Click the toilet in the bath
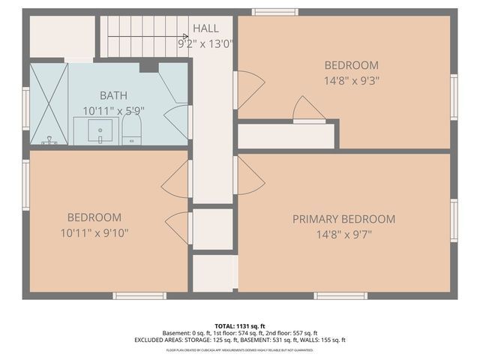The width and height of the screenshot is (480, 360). pyautogui.click(x=131, y=131)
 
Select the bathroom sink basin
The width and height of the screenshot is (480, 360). pyautogui.click(x=100, y=131)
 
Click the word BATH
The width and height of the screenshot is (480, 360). pyautogui.click(x=113, y=95)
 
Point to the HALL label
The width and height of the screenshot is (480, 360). pyautogui.click(x=205, y=28)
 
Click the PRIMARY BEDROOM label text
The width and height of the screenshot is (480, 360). pyautogui.click(x=343, y=219)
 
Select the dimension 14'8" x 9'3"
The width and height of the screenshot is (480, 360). pyautogui.click(x=351, y=80)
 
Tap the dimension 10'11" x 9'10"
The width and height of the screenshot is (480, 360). pyautogui.click(x=94, y=233)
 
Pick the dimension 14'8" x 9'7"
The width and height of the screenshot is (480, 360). pyautogui.click(x=343, y=234)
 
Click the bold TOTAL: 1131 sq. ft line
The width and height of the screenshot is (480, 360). pyautogui.click(x=239, y=325)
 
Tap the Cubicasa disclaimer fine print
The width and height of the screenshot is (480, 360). pyautogui.click(x=239, y=349)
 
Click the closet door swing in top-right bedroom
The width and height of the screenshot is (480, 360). pyautogui.click(x=308, y=109)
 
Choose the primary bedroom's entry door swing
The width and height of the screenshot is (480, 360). pyautogui.click(x=250, y=176)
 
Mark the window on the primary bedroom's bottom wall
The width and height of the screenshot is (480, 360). pyautogui.click(x=340, y=295)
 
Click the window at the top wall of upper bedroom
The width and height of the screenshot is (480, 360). pyautogui.click(x=274, y=12)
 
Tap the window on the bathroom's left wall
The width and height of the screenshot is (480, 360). pyautogui.click(x=26, y=109)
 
